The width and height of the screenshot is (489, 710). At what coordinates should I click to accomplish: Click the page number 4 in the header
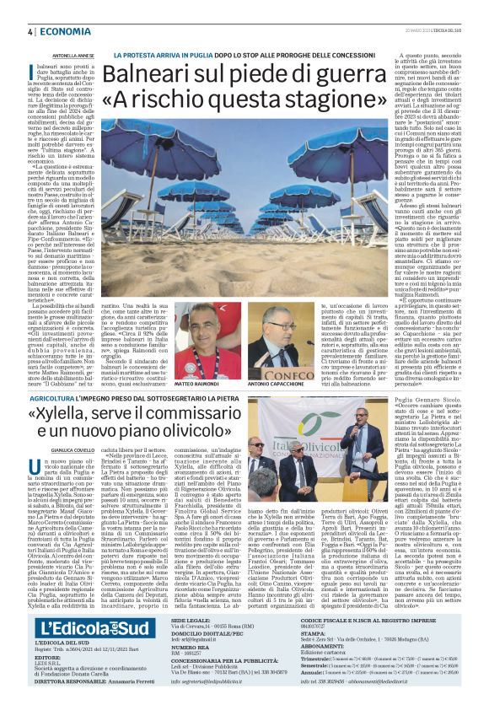click(x=30, y=32)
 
